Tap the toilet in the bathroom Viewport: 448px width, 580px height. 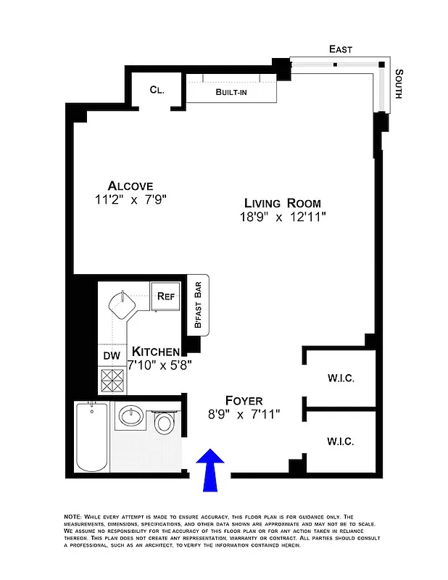[163, 421]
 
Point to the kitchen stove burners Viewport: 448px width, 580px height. [112, 380]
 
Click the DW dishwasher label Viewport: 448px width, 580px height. [112, 356]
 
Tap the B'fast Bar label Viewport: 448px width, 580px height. [197, 304]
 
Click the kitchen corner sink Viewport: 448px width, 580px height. [124, 305]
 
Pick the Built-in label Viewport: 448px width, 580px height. [233, 93]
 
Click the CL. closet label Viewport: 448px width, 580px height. [157, 90]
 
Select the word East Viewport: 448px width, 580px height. [340, 49]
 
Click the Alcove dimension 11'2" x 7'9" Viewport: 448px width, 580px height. [130, 200]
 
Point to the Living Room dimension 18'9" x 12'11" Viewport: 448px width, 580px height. [282, 217]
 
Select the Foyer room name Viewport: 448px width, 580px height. [244, 400]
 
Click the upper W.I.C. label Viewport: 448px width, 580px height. [340, 378]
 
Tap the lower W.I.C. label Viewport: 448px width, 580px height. [340, 440]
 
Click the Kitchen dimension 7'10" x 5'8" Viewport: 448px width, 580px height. [159, 366]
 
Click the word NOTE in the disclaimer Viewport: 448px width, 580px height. [73, 516]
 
